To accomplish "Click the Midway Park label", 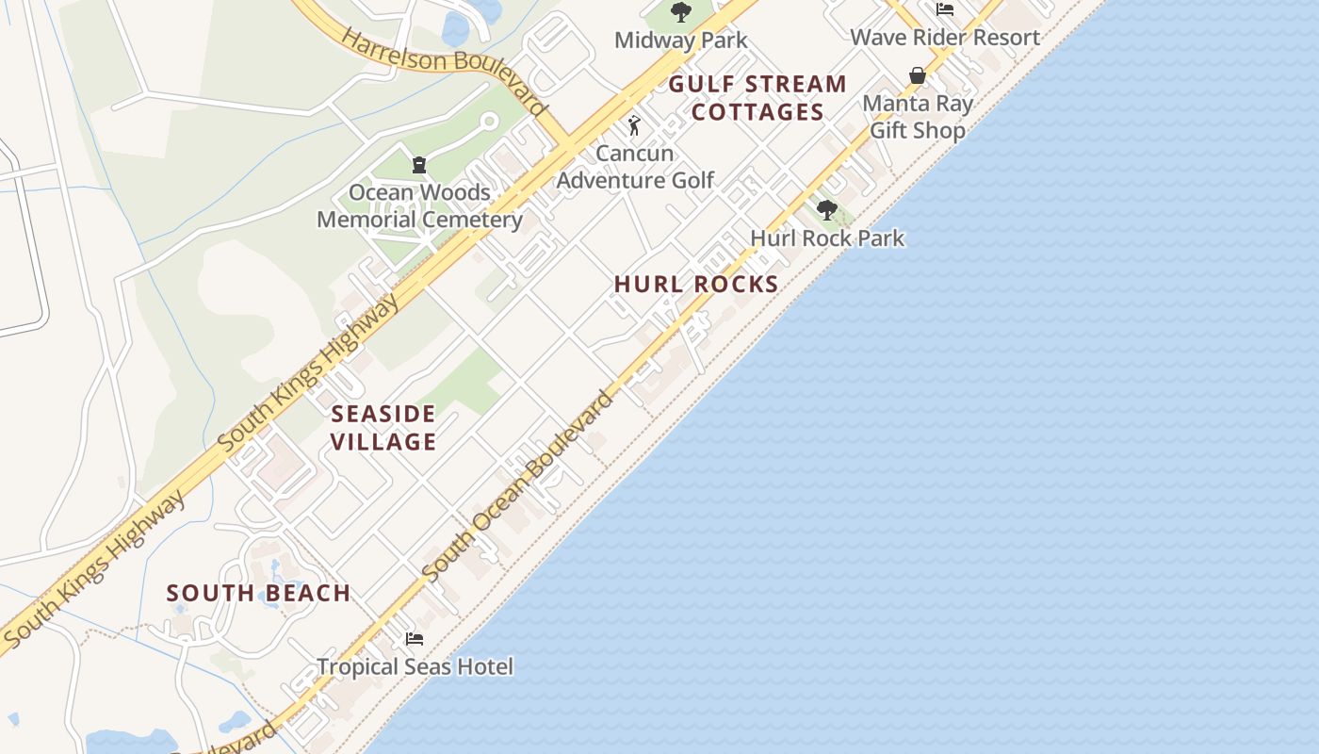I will [x=680, y=41].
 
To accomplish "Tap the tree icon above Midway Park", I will [x=680, y=12].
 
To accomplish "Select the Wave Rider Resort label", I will [x=945, y=38].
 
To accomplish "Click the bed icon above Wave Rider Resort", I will [x=945, y=9].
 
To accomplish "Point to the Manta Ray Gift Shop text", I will [x=918, y=117].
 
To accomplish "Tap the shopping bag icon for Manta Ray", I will [x=918, y=75].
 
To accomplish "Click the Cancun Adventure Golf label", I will [x=635, y=167].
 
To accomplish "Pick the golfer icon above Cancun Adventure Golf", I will [x=635, y=124].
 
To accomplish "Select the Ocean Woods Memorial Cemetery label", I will [x=419, y=206].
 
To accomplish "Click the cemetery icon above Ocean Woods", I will [x=419, y=165].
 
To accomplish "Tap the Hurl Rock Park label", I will [x=827, y=238].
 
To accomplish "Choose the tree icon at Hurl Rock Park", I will [x=827, y=210].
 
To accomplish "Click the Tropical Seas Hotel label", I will [x=415, y=667].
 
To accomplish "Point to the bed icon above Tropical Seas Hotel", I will [x=414, y=639].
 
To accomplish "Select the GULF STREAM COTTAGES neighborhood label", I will [x=758, y=98].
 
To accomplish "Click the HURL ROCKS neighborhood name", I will [x=696, y=285].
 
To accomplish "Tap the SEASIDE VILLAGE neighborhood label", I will [x=383, y=428].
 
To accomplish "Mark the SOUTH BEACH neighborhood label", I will [x=258, y=594].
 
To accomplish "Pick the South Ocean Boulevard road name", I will [x=517, y=487].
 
